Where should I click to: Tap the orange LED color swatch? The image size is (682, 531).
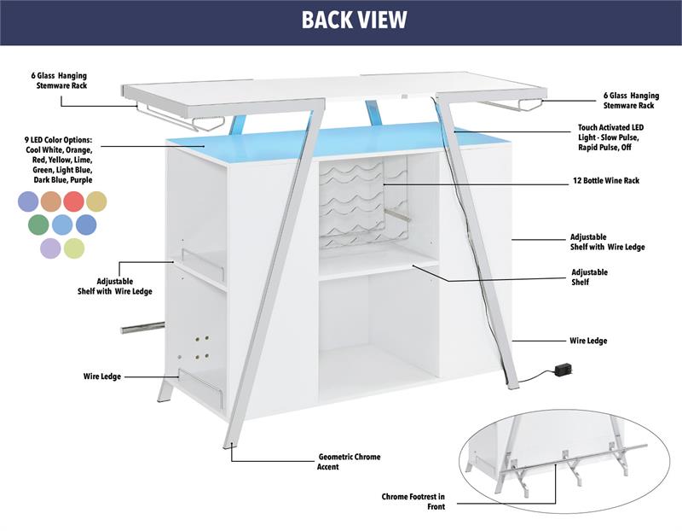[x=50, y=201]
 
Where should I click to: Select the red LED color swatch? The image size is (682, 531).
[x=73, y=201]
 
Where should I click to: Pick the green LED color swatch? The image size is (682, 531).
[x=38, y=225]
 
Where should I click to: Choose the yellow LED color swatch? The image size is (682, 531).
[x=96, y=201]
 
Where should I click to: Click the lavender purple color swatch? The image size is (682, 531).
[x=50, y=248]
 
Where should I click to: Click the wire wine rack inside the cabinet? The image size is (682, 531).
[x=353, y=205]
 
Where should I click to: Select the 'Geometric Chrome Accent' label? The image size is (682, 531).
[x=350, y=462]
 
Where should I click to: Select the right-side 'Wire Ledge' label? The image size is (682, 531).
[x=588, y=341]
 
